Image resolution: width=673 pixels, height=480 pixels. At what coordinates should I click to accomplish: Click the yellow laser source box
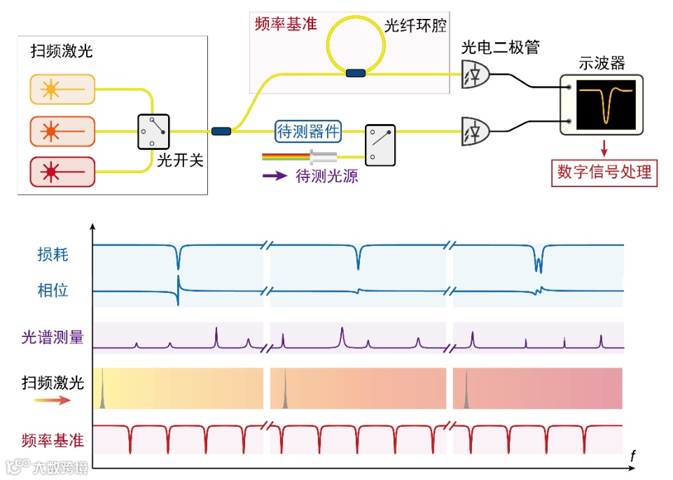tap(62, 89)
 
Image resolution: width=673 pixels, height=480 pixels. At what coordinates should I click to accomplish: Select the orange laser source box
tap(62, 130)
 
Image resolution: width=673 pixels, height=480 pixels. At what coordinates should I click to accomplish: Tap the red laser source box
tap(62, 171)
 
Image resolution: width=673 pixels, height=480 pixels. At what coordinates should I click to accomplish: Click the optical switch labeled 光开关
tap(153, 131)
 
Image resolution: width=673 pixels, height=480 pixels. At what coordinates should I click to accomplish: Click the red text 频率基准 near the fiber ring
tap(286, 25)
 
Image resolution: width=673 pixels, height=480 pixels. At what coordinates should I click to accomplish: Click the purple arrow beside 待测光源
tap(275, 176)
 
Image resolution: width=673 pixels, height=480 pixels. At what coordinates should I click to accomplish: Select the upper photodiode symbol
tap(476, 74)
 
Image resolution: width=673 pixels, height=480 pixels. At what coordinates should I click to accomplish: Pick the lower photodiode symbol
tap(476, 130)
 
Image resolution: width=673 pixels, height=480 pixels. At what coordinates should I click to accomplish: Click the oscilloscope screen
tap(606, 104)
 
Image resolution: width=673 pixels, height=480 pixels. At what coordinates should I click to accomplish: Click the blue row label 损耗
tap(53, 254)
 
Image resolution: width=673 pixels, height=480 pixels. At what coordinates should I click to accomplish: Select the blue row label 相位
tap(53, 290)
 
